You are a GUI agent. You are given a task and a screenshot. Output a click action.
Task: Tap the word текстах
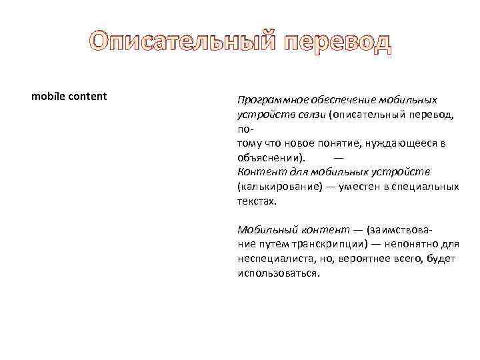256,201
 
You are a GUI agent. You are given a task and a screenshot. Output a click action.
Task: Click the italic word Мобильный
264,230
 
